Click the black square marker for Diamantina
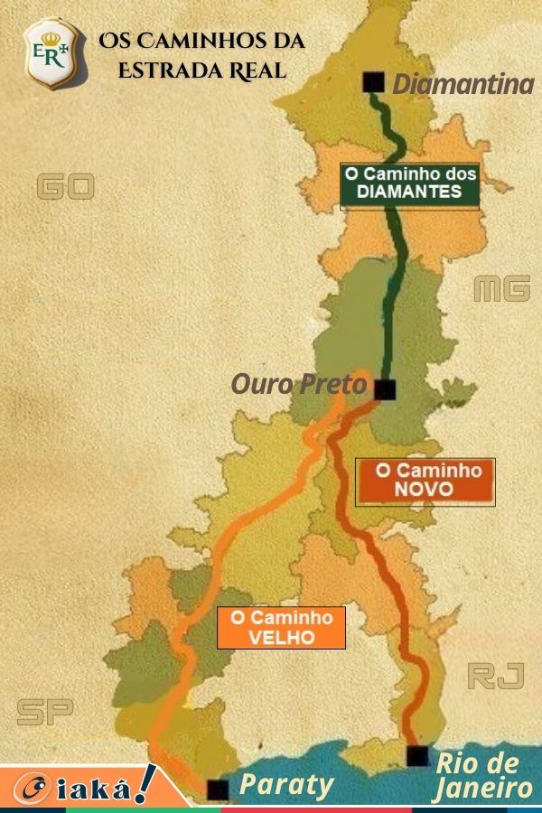tap(373, 82)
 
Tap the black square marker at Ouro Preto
tap(385, 390)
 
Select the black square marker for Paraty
tap(218, 790)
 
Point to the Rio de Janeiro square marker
tap(417, 756)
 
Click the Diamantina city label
tap(463, 85)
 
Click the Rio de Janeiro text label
tap(482, 776)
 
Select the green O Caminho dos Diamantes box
tap(409, 183)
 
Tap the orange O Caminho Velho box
tap(281, 627)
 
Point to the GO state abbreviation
tap(65, 187)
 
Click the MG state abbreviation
tap(501, 290)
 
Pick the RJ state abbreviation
tap(496, 676)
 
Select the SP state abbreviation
tap(45, 713)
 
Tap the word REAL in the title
tap(255, 70)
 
